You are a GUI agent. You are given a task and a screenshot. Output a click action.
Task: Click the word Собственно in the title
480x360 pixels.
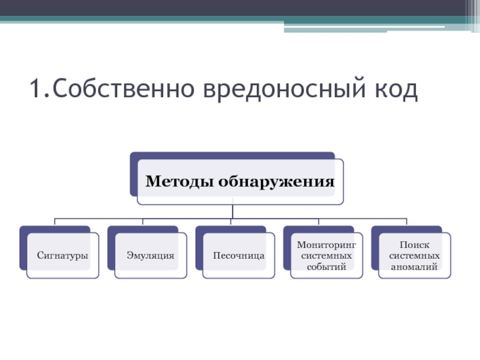coord(124,88)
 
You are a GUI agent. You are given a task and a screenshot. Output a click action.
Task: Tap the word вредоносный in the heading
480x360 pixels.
coord(284,89)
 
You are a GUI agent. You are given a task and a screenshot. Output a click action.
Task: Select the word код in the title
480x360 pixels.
coord(397,88)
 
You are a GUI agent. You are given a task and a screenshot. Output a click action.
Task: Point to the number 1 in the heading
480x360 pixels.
coord(36,88)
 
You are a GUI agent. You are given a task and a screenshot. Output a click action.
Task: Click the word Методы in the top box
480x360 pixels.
coord(179,181)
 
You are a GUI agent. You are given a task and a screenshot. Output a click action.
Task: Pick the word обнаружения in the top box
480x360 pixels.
coord(277,182)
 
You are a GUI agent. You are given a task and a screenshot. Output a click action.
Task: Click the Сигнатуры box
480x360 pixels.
coord(63,256)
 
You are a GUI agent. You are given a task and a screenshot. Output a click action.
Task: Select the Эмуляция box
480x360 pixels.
coord(151,256)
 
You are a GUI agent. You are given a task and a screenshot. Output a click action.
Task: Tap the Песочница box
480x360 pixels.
coord(239,256)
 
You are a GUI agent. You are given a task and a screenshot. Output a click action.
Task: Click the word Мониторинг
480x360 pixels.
coord(326,245)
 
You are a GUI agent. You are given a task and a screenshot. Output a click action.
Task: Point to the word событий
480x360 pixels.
coord(326,266)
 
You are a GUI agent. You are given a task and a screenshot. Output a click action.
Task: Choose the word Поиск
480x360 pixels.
coord(415,245)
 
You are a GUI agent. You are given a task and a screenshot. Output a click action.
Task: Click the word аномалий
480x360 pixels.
coord(414,267)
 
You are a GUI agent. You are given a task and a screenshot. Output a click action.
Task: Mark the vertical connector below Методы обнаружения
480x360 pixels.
coord(233,211)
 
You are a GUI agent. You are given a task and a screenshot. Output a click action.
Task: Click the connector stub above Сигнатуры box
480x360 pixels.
coord(55,221)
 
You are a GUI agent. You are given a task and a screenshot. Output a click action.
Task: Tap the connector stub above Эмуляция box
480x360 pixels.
coord(143,221)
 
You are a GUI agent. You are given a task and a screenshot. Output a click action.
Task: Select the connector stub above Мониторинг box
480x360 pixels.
coord(319,221)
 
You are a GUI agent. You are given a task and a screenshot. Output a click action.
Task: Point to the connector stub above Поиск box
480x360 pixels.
coord(407,221)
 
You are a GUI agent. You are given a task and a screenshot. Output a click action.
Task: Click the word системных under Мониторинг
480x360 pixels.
coord(326,256)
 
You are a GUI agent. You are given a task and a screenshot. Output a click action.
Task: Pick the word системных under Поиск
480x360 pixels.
coord(415,256)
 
